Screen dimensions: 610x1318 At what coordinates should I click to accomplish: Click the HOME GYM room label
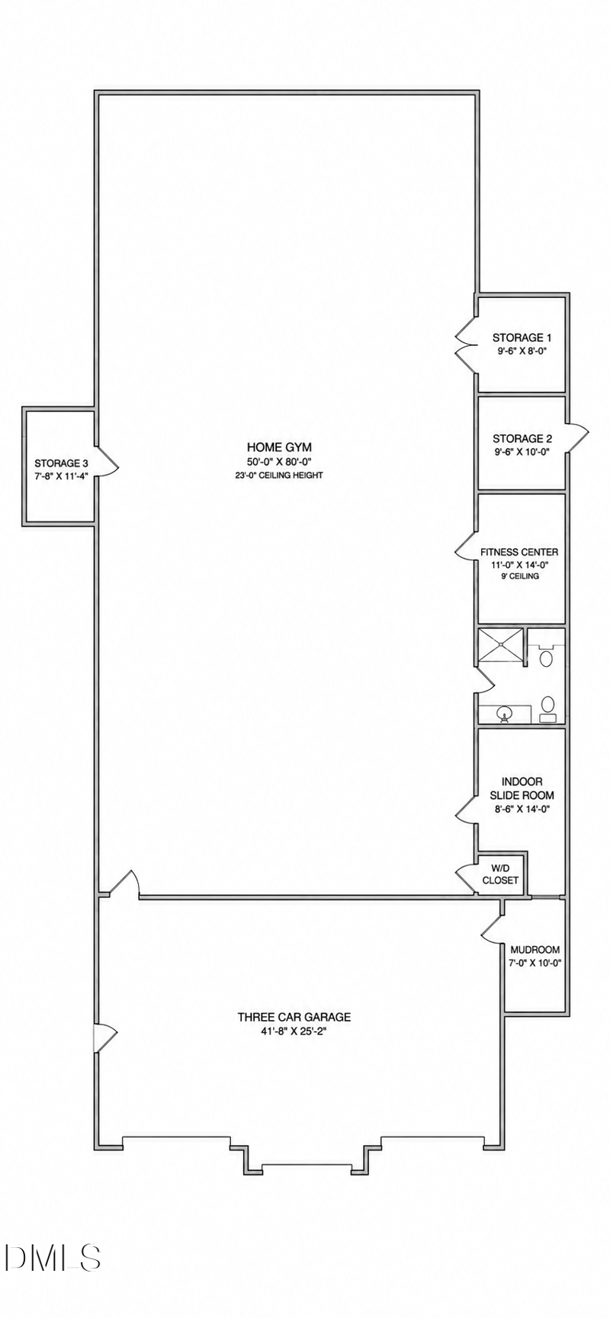coord(279,447)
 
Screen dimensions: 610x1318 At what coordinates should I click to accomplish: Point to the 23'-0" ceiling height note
coord(279,476)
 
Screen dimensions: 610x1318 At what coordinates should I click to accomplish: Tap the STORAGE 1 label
coord(522,338)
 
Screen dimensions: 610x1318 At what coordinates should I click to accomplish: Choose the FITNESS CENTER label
coord(519,552)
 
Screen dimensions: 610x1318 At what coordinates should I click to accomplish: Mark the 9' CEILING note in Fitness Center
coord(520,576)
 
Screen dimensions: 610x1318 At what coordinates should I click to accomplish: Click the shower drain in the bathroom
coord(501,647)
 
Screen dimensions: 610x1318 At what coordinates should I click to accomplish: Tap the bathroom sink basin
coord(504,714)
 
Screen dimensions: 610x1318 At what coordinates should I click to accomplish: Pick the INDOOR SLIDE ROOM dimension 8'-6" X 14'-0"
coord(522,810)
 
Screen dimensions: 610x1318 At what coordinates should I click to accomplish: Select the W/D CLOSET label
coord(500,874)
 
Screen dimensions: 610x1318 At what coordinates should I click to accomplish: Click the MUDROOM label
coord(535,950)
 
